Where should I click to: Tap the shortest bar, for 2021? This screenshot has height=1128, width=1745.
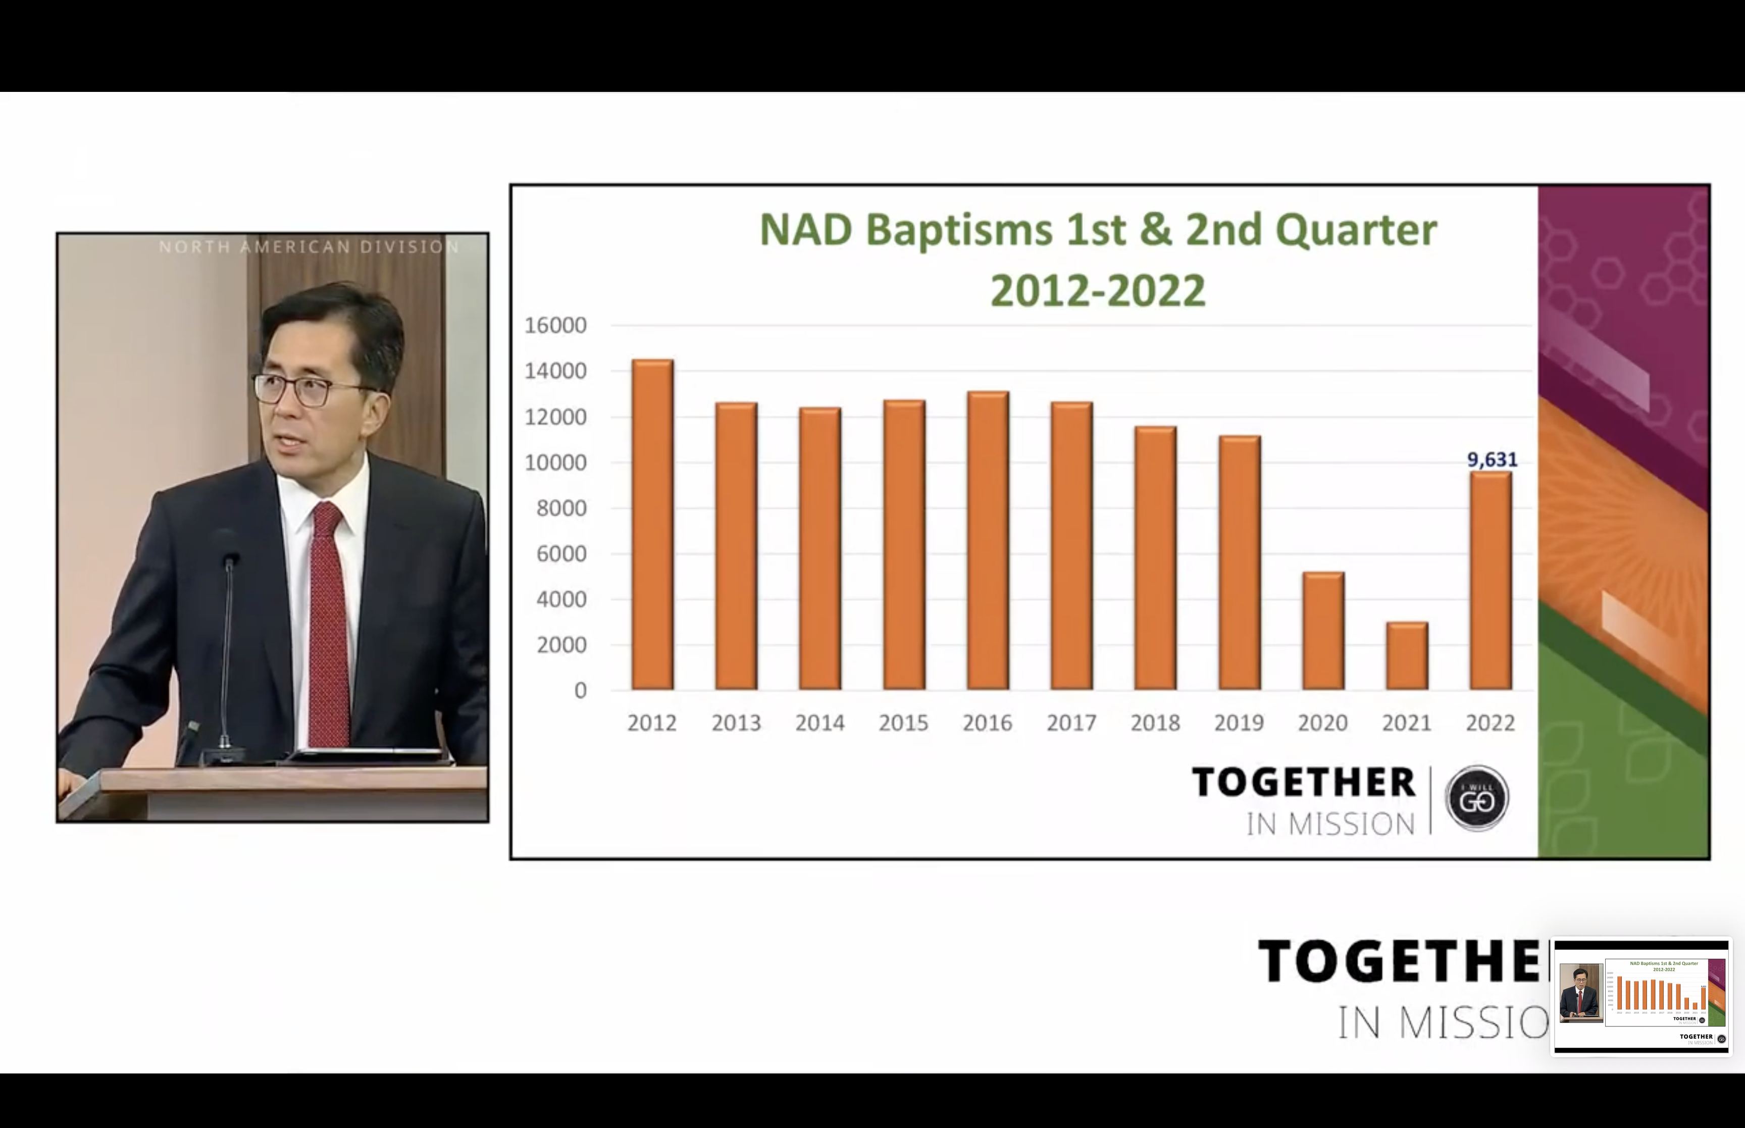pyautogui.click(x=1407, y=655)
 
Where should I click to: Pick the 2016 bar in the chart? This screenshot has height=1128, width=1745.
pyautogui.click(x=987, y=541)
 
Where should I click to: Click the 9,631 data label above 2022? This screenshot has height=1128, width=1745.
pyautogui.click(x=1492, y=460)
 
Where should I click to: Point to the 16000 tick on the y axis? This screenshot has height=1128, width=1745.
pyautogui.click(x=555, y=325)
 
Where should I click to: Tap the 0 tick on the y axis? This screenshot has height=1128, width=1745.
pyautogui.click(x=580, y=691)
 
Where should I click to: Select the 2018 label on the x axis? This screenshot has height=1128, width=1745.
pyautogui.click(x=1155, y=724)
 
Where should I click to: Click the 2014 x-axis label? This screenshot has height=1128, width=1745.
pyautogui.click(x=819, y=724)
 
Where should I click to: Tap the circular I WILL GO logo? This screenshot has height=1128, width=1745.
pyautogui.click(x=1476, y=798)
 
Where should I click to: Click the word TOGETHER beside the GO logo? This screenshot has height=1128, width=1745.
pyautogui.click(x=1303, y=782)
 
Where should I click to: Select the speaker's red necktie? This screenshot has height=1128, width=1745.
pyautogui.click(x=328, y=623)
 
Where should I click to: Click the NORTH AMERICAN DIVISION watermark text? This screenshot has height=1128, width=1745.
pyautogui.click(x=309, y=247)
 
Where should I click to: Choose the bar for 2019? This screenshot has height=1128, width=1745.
pyautogui.click(x=1239, y=562)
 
